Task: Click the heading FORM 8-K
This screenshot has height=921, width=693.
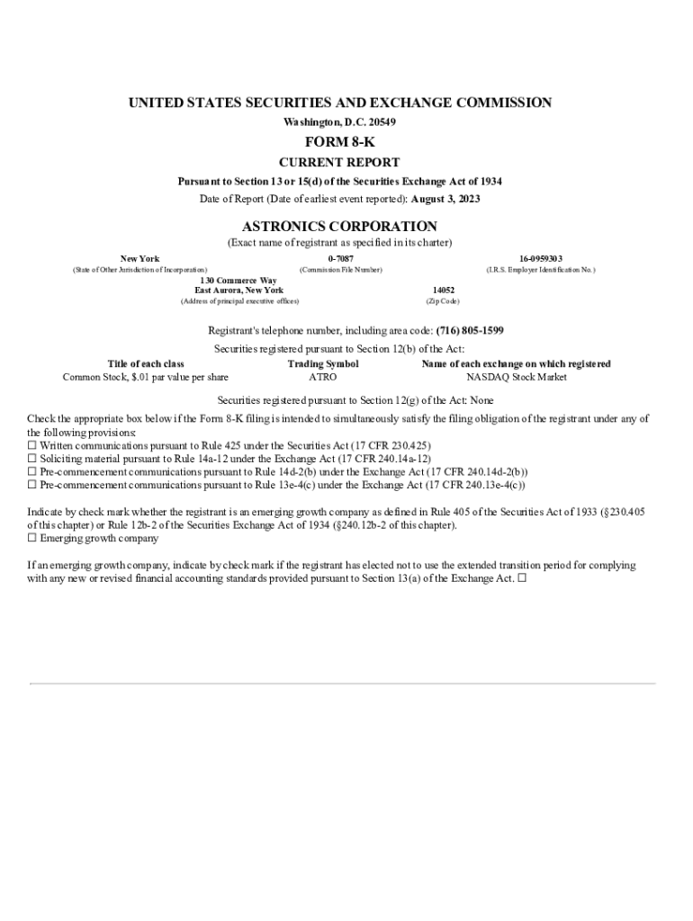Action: click(x=339, y=142)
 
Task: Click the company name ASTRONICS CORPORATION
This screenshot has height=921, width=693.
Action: click(x=339, y=227)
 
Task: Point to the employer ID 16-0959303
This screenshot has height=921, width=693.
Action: click(x=540, y=259)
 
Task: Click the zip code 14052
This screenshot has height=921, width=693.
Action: click(x=443, y=291)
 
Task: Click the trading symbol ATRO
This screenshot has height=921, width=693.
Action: click(x=322, y=378)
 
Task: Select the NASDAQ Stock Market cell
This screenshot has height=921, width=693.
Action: click(x=516, y=378)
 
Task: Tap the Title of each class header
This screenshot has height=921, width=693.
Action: click(x=146, y=364)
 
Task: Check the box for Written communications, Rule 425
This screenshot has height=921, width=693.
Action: click(x=32, y=445)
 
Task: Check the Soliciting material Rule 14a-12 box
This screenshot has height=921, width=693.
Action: click(x=32, y=459)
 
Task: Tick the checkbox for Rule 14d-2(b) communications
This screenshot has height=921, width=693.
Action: click(x=32, y=471)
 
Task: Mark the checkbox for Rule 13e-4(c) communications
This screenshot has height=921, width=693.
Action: click(x=32, y=485)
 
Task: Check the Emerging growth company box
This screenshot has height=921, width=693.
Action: click(x=32, y=539)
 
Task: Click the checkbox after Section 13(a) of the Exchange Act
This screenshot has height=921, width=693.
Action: click(x=522, y=579)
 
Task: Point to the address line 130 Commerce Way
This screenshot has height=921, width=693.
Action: click(x=238, y=281)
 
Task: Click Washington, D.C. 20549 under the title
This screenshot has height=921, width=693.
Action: click(x=339, y=121)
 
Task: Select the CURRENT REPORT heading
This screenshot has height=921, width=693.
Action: click(x=339, y=163)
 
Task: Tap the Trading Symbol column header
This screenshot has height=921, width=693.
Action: click(x=322, y=364)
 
